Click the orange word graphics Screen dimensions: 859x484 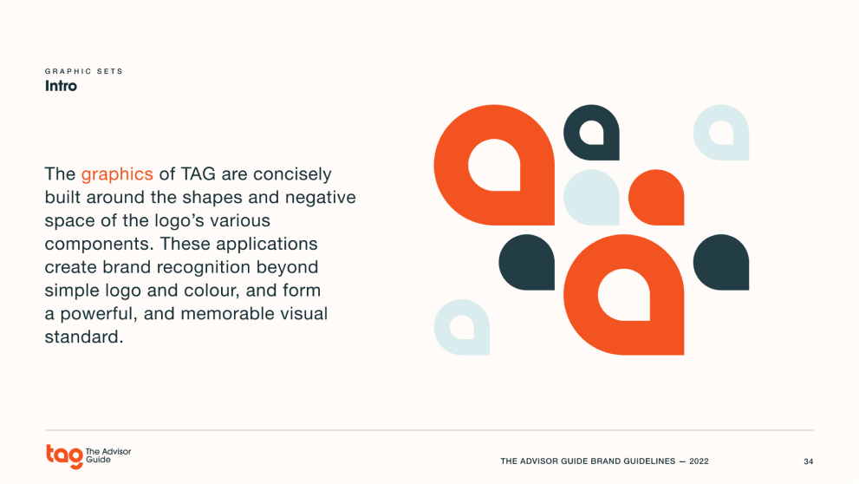tap(117, 174)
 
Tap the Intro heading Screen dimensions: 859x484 tap(61, 86)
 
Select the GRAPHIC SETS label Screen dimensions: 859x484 tap(84, 71)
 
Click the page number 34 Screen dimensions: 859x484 tap(808, 461)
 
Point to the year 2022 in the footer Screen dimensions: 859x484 tap(699, 461)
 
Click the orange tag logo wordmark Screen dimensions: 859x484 tap(65, 456)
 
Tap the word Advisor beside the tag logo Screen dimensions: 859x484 tap(115, 452)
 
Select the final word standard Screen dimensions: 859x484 tap(84, 337)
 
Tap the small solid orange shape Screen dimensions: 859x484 tap(656, 197)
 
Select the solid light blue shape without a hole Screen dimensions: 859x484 tap(592, 197)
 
